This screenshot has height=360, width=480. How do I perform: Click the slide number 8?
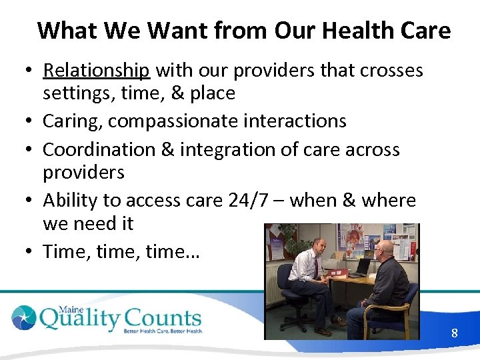(454, 333)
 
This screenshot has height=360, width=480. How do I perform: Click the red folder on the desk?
(338, 273)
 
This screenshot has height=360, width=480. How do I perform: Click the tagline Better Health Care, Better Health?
(162, 330)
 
